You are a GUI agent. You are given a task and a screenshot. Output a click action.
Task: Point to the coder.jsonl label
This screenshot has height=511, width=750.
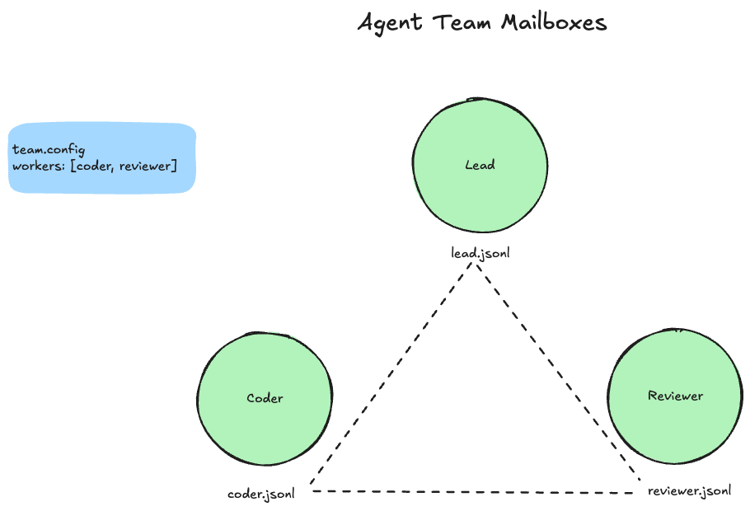[x=261, y=494]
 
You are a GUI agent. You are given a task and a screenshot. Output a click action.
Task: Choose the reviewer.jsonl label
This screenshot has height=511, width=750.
[x=689, y=491]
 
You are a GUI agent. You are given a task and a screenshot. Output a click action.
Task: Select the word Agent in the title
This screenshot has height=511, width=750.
[x=388, y=23]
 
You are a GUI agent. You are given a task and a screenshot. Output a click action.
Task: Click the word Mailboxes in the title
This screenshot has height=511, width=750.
[x=554, y=23]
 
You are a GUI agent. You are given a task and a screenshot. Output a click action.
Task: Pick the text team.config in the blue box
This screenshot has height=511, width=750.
[x=49, y=150]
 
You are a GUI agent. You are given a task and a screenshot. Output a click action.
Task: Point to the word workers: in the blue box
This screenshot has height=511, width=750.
[x=39, y=166]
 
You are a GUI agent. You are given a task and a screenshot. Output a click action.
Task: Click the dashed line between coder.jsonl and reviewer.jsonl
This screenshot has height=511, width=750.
[x=476, y=492]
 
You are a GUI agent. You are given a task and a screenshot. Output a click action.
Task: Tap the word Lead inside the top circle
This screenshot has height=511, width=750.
[x=480, y=165]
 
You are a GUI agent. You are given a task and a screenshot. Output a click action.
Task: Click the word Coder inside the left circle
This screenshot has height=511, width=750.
[x=265, y=398]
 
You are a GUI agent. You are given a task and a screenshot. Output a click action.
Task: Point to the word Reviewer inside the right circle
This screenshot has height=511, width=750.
[x=675, y=396]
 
